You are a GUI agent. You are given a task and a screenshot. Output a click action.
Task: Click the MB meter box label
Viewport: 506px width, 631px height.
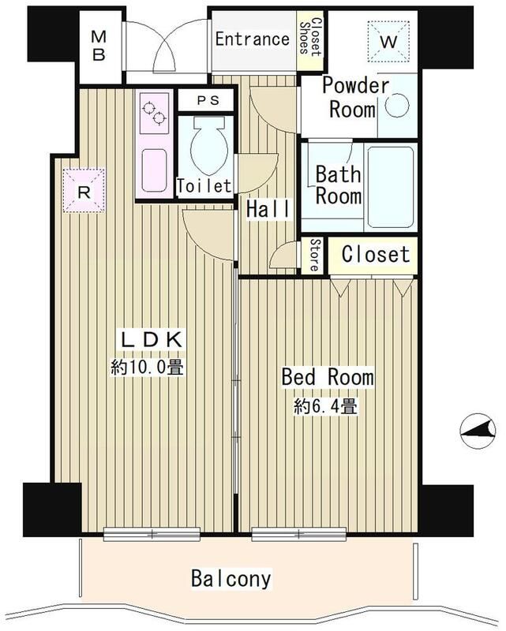tap(100, 46)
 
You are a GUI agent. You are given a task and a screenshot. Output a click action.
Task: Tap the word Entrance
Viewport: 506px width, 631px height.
tap(252, 39)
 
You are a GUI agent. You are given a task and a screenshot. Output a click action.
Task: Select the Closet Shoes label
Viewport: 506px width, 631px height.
tap(309, 36)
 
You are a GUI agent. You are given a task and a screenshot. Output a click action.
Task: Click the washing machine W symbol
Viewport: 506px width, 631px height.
tap(389, 40)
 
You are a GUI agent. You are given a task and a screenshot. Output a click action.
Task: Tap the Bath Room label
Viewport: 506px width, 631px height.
tap(339, 183)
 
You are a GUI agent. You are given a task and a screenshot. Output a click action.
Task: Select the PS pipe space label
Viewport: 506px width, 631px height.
tap(204, 101)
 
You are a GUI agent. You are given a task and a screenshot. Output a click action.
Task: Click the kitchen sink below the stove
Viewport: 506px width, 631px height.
tap(154, 167)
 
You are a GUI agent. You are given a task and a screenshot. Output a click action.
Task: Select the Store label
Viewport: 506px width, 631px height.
tap(313, 254)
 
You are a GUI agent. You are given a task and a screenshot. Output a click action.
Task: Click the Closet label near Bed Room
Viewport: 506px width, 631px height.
tap(375, 254)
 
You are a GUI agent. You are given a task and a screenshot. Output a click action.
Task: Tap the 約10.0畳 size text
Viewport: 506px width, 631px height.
tap(148, 367)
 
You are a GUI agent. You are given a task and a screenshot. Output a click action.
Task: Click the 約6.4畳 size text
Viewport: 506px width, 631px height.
tap(325, 408)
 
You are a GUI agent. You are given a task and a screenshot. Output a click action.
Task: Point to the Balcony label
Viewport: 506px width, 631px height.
tap(231, 578)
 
